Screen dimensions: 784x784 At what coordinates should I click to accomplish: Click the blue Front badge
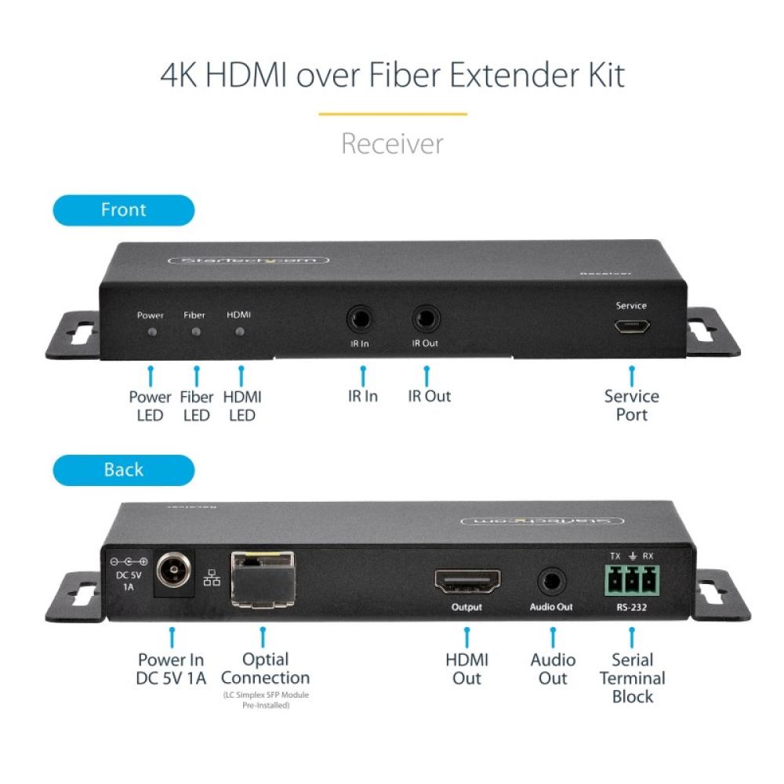click(x=123, y=210)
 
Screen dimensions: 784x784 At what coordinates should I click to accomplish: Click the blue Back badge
click(x=123, y=470)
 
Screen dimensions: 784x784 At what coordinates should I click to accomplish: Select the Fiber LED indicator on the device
click(x=195, y=332)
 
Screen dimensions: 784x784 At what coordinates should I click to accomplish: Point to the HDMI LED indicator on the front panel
click(x=240, y=332)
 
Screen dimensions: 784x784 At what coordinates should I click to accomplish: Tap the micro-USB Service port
click(x=630, y=330)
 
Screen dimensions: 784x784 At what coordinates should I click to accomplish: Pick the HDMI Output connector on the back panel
click(x=467, y=581)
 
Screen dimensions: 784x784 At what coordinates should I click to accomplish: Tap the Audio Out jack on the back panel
click(x=552, y=583)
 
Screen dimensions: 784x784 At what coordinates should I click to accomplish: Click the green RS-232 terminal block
click(x=631, y=582)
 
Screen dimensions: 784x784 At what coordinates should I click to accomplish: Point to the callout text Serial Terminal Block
click(x=632, y=678)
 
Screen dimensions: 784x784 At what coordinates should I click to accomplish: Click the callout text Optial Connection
click(x=266, y=669)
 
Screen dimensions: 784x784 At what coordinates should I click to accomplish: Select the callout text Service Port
click(x=631, y=405)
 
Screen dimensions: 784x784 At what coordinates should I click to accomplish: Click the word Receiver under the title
click(x=392, y=143)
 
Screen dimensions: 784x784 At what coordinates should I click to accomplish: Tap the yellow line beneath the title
click(x=392, y=114)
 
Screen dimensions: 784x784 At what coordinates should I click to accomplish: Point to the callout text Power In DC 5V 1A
click(x=170, y=669)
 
